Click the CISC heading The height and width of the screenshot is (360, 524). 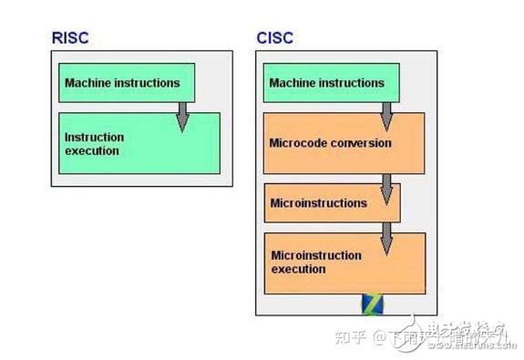(x=275, y=38)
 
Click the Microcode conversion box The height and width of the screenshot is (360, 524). (x=344, y=143)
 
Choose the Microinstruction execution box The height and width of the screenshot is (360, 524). (x=344, y=262)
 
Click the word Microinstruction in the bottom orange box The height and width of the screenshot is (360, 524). (x=316, y=255)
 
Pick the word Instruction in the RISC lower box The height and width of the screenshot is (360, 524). (x=94, y=138)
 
